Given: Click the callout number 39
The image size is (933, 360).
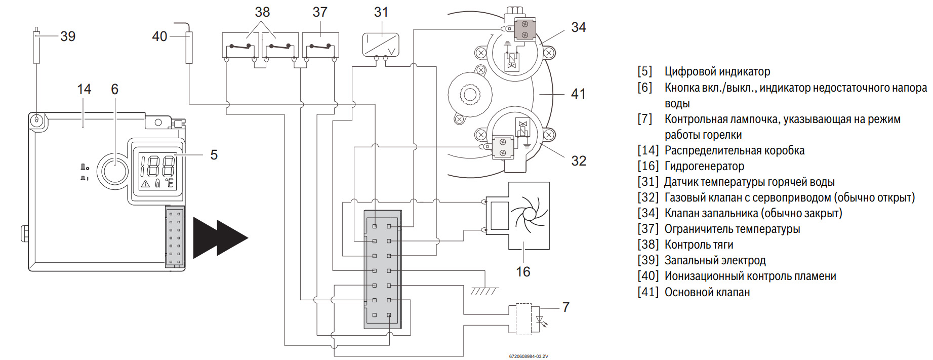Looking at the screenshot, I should pos(68,36).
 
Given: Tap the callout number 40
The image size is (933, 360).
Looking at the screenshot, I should pos(159,36).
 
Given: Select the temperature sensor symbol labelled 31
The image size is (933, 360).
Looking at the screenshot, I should pos(381,45).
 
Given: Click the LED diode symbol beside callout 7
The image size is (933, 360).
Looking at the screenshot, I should pos(541,320).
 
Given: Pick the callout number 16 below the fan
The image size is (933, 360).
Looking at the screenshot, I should pos(523,272).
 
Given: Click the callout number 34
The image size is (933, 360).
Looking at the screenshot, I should pos(579,27).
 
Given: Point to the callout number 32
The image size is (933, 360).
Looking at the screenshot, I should pos(579,161).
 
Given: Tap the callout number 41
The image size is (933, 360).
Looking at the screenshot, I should pos(578,94).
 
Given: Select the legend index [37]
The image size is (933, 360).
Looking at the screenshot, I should pos(647,229).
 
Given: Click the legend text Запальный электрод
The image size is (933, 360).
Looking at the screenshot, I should pos(715,260).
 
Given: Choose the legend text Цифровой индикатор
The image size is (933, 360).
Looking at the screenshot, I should pos(717,71).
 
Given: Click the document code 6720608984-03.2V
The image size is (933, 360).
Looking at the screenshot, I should pos(529,356).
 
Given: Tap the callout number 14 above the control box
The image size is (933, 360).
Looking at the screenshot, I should pos(84,90).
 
